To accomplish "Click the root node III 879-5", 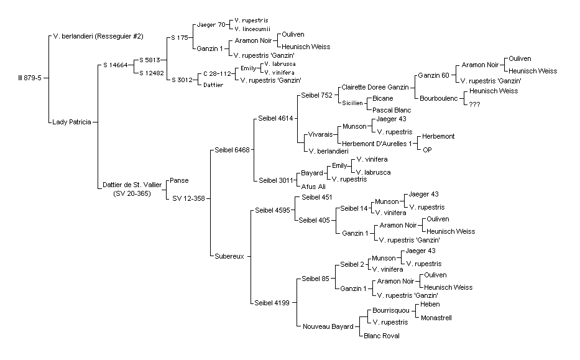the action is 30,78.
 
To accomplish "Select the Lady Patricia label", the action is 71,122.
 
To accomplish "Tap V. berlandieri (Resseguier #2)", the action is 98,36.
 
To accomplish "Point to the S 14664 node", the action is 116,65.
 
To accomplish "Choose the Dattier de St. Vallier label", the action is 132,185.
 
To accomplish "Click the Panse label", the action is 179,180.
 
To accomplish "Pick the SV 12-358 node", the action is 188,199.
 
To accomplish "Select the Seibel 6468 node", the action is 232,150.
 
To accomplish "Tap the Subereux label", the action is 229,256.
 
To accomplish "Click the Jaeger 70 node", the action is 211,25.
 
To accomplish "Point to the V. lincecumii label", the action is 252,29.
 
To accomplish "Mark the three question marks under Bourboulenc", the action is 474,104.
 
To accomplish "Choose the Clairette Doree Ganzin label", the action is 375,87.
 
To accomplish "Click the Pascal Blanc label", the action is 392,110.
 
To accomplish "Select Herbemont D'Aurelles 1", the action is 377,144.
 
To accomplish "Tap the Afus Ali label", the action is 313,187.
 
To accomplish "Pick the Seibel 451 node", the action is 316,198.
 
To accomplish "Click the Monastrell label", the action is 436,318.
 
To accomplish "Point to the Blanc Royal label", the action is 382,336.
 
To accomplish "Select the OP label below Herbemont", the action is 427,150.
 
